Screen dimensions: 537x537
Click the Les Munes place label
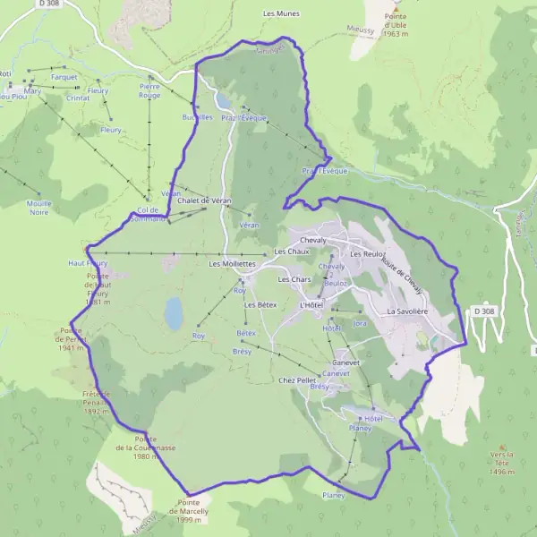tap(281, 14)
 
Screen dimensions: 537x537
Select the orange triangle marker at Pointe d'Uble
tap(397, 4)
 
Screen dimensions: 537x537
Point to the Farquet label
tap(64, 77)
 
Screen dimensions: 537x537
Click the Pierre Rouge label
tap(149, 90)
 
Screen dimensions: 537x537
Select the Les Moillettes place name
tap(233, 265)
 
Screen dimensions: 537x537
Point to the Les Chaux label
tap(292, 251)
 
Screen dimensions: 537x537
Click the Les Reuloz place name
tap(368, 254)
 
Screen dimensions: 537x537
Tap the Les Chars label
tap(294, 279)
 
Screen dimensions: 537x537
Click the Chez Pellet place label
tap(298, 380)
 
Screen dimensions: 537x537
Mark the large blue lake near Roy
tap(173, 313)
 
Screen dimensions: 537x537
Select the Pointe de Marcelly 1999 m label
tap(197, 511)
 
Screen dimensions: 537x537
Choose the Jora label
tap(361, 323)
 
